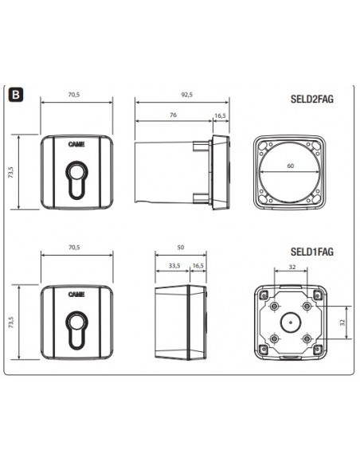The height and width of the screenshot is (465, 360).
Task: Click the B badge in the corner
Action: click(15, 95)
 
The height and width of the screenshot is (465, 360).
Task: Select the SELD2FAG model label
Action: click(312, 99)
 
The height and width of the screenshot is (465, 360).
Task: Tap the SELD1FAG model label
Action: click(312, 252)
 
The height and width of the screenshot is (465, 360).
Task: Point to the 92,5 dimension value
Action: click(187, 95)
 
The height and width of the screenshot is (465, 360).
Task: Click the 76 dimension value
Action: click(173, 115)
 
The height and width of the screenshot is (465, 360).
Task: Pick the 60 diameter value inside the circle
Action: click(291, 166)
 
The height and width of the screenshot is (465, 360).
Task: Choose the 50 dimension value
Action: click(180, 247)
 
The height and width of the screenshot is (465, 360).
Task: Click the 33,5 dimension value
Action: click(174, 265)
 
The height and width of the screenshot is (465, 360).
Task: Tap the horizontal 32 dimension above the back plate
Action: click(292, 267)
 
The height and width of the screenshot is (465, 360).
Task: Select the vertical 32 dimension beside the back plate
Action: click(342, 322)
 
